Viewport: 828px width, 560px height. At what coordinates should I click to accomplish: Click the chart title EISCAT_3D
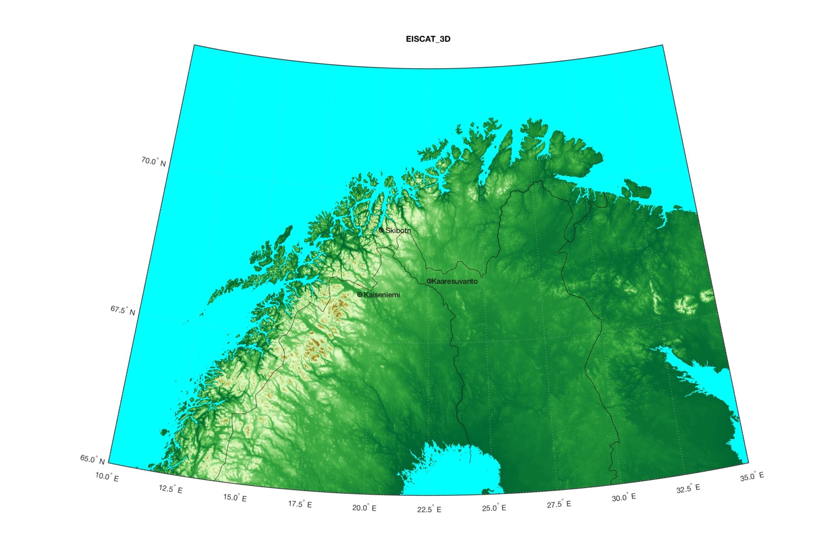coord(428,39)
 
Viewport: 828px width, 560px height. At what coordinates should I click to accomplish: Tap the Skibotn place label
coord(398,231)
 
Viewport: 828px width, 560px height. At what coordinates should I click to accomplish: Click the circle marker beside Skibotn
coord(381,230)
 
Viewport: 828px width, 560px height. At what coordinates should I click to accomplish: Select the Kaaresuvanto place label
coord(455,282)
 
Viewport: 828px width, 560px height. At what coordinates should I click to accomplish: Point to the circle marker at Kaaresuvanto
coord(429,281)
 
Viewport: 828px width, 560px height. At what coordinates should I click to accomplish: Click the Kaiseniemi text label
coord(382,295)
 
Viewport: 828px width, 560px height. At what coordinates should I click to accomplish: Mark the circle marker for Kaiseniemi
coord(360,295)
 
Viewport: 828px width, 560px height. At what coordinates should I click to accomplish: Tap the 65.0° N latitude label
coord(92,460)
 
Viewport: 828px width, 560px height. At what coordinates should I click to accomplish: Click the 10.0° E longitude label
coord(107,477)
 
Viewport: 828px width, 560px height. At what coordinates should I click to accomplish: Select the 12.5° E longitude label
coord(171,489)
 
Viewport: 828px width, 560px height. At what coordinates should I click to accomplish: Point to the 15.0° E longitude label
coord(235,498)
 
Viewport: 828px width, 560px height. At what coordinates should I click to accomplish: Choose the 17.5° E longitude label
coord(300,504)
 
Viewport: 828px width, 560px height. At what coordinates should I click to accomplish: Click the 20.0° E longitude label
coord(364,508)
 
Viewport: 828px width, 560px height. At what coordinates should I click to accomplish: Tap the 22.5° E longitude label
coord(429,510)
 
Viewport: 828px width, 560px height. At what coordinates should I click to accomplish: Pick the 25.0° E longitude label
coord(494,508)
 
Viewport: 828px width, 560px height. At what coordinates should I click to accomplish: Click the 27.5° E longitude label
coord(559,504)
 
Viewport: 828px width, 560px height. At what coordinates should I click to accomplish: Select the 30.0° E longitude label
coord(624,497)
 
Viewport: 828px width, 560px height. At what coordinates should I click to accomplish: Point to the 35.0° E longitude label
coord(752,476)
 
